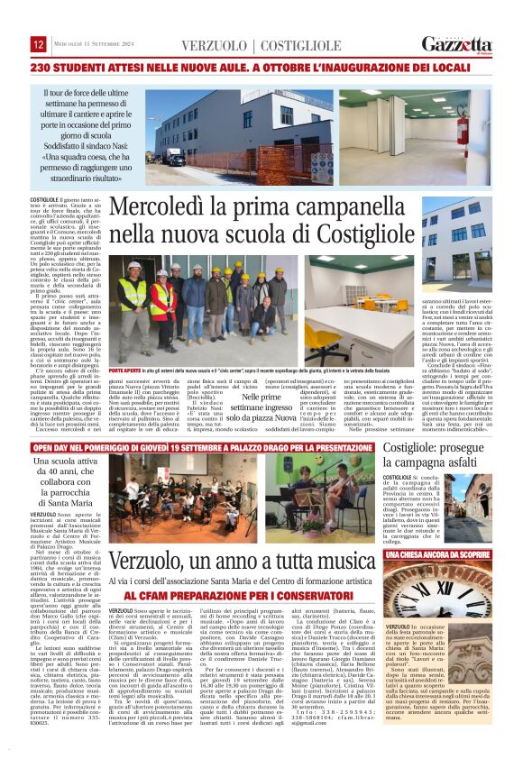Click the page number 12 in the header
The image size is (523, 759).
point(39,44)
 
